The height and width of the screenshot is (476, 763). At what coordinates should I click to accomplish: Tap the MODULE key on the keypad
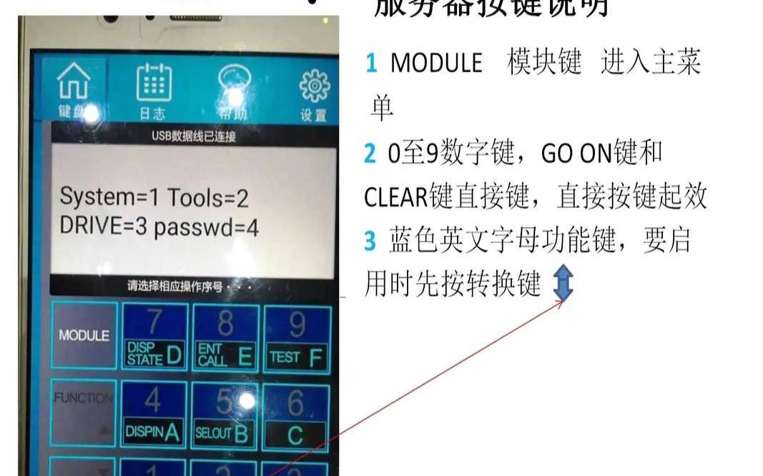[84, 335]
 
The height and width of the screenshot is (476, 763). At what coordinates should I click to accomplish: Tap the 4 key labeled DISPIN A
[153, 413]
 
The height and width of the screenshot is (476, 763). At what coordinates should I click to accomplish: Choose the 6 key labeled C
[295, 415]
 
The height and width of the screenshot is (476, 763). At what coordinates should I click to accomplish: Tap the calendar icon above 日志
[154, 83]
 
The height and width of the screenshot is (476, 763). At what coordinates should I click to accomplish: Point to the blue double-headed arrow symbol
[563, 284]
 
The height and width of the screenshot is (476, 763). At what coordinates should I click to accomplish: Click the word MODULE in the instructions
[436, 64]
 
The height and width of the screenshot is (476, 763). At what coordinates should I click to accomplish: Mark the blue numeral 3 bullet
[370, 242]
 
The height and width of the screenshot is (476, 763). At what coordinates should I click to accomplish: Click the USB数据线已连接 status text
[193, 137]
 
